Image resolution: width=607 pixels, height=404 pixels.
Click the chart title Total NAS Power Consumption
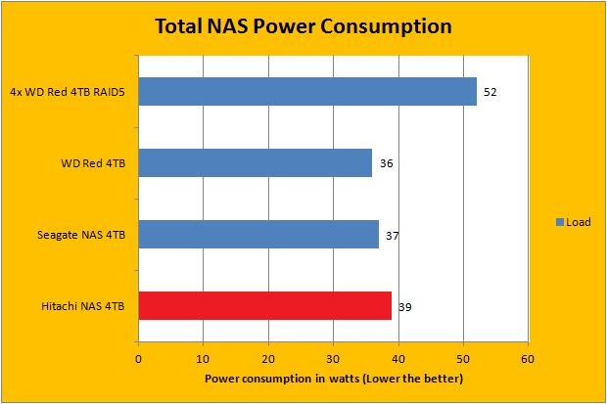click(x=303, y=26)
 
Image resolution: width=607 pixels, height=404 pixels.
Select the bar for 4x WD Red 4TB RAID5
click(x=307, y=92)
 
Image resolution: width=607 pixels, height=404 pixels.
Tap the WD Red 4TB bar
click(x=255, y=163)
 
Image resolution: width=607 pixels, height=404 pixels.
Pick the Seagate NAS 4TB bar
click(x=258, y=235)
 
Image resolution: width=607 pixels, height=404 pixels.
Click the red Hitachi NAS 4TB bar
click(x=264, y=306)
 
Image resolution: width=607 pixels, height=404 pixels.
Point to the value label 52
click(x=490, y=92)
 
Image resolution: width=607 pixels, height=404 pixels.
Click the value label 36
click(x=387, y=163)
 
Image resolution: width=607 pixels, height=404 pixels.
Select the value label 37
click(x=393, y=235)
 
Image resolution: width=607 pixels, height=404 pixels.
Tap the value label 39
click(x=405, y=307)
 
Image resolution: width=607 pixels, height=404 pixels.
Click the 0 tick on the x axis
click(x=138, y=358)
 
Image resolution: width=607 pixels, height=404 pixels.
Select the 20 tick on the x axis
click(x=268, y=358)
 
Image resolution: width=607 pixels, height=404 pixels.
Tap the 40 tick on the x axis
click(x=398, y=358)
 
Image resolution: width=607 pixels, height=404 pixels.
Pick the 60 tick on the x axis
click(x=528, y=358)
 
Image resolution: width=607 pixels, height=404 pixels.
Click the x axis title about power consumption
click(x=334, y=378)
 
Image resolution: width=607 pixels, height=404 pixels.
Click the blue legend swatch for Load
click(x=560, y=222)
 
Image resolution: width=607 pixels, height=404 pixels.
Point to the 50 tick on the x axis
click(x=463, y=358)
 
